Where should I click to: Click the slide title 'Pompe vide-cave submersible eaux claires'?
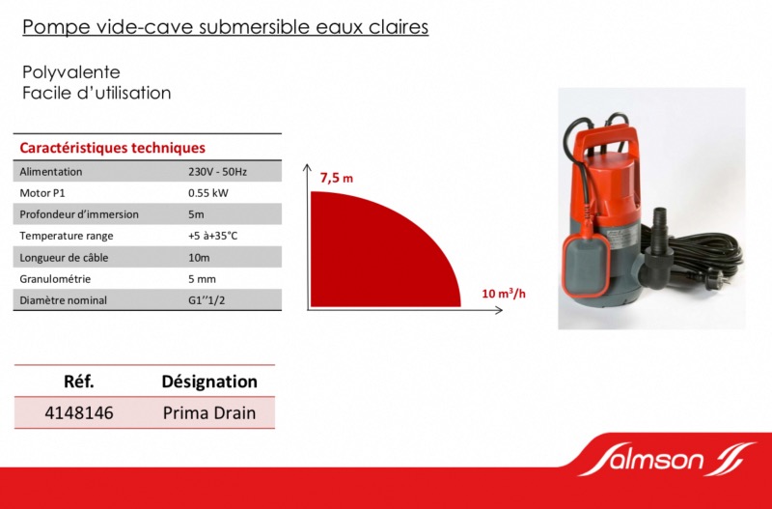pyautogui.click(x=225, y=27)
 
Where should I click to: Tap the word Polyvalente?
pyautogui.click(x=70, y=72)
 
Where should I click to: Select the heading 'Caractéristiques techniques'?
pyautogui.click(x=112, y=148)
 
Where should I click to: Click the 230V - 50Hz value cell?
pyautogui.click(x=218, y=172)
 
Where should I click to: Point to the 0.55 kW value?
pyautogui.click(x=208, y=193)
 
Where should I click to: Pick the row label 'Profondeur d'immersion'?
pyautogui.click(x=79, y=214)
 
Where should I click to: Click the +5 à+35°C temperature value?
pyautogui.click(x=212, y=236)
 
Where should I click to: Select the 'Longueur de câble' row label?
pyautogui.click(x=64, y=258)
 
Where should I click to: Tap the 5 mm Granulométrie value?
pyautogui.click(x=202, y=279)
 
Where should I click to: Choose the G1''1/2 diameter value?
pyautogui.click(x=207, y=300)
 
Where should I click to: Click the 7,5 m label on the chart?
pyautogui.click(x=337, y=178)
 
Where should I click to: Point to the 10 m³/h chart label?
pyautogui.click(x=504, y=294)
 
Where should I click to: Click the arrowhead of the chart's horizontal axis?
pyautogui.click(x=499, y=310)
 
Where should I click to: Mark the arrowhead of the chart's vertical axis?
pyautogui.click(x=307, y=168)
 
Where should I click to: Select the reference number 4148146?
pyautogui.click(x=79, y=413)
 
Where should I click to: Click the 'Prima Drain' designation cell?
pyautogui.click(x=209, y=413)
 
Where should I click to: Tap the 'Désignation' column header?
pyautogui.click(x=209, y=382)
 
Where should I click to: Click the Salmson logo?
pyautogui.click(x=667, y=459)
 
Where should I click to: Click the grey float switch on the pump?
pyautogui.click(x=587, y=264)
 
